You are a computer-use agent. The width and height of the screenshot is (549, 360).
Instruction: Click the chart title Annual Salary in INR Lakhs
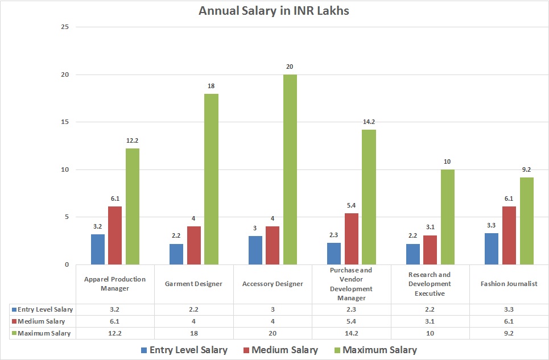coord(274,11)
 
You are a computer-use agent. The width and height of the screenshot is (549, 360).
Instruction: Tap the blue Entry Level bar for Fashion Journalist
coord(492,249)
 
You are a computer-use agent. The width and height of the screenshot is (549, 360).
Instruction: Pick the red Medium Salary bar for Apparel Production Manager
coord(115,235)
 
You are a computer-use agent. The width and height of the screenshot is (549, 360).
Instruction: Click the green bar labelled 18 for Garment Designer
coord(212,179)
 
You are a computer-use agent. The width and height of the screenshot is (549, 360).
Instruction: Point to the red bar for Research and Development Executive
coord(430,250)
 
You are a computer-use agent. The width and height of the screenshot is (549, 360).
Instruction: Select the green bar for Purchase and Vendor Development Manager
coord(369,197)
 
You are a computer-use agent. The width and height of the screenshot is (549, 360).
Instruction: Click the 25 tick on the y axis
coord(65,27)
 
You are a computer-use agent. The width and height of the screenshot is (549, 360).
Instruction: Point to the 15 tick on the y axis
coord(65,122)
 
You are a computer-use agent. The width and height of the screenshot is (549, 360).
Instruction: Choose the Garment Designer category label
coord(194,283)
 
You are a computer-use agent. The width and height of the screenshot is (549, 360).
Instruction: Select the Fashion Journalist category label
coord(509,283)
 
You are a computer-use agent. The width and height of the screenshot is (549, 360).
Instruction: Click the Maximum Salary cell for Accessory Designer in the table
coord(273,333)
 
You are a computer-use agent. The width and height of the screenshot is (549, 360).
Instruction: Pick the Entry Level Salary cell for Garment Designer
coord(194,309)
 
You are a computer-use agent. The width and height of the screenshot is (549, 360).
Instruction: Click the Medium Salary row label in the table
coord(41,321)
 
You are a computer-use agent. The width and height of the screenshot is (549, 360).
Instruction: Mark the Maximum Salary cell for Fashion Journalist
coord(509,333)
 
